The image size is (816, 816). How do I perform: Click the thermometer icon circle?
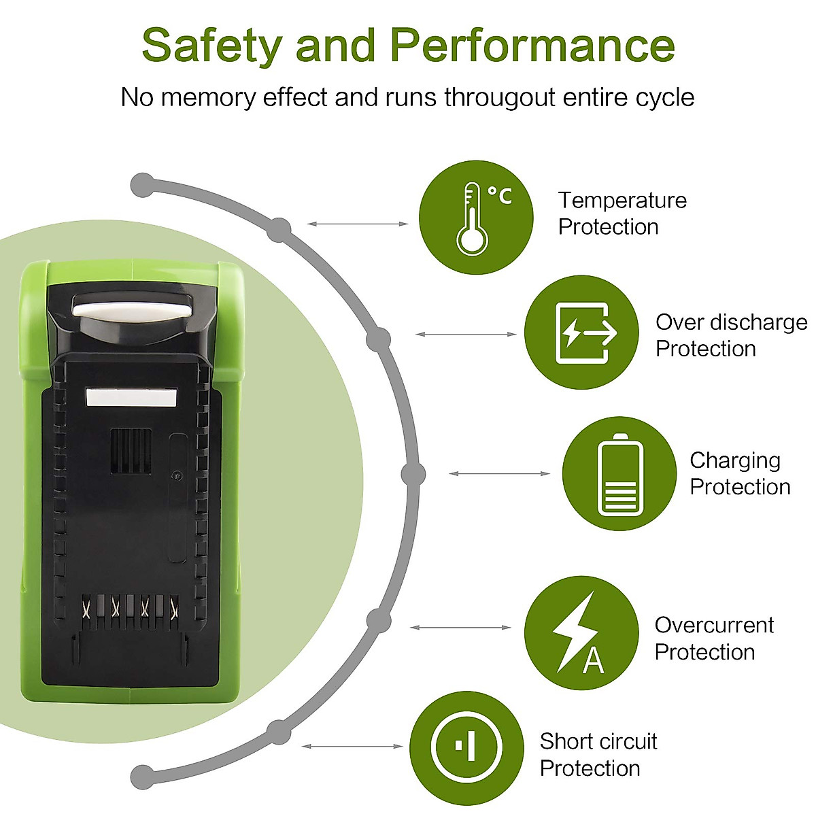[x=475, y=218]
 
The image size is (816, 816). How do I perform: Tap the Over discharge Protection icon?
[x=581, y=333]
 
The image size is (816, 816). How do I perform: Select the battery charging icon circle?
[x=619, y=474]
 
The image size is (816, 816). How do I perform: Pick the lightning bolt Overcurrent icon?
[x=581, y=633]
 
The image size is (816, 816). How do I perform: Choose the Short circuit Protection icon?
[x=466, y=748]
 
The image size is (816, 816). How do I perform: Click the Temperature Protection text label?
[x=622, y=214]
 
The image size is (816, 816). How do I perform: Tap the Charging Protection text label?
[x=739, y=473]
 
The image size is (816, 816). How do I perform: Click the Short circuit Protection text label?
[x=598, y=754]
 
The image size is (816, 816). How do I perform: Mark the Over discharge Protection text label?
[x=730, y=335]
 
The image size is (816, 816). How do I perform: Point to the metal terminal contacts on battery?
[x=129, y=607]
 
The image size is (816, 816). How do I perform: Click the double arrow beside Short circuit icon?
[x=352, y=747]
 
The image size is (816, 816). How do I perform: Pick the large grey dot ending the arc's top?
[x=142, y=184]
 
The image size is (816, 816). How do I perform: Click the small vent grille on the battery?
[x=131, y=451]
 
